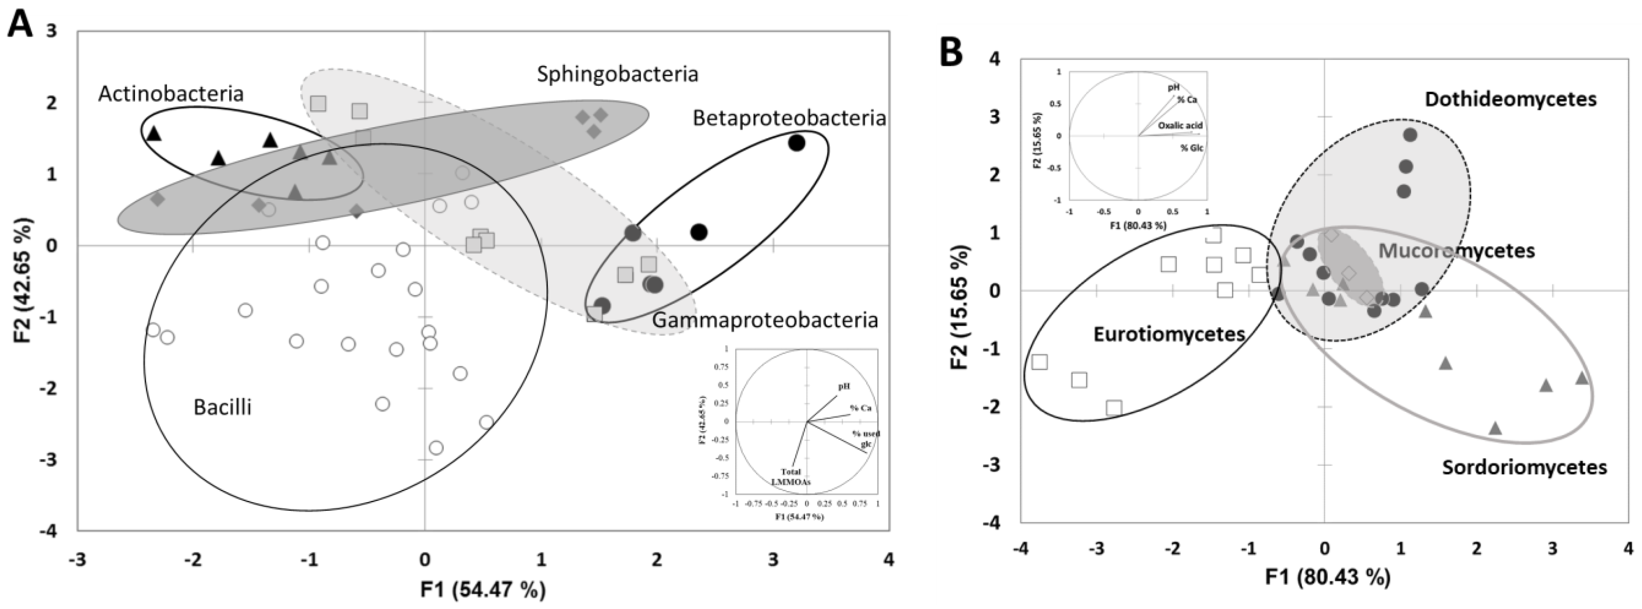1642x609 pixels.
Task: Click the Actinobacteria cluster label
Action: [171, 94]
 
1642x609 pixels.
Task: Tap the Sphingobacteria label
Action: [617, 74]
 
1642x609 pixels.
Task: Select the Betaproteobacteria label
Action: [789, 118]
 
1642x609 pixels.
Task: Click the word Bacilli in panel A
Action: [222, 407]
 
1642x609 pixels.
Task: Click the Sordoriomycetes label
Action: [1524, 467]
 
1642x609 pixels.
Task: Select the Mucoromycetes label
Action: [1457, 251]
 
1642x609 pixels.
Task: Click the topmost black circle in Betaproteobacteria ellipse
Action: [796, 143]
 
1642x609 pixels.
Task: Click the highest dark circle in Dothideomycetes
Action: [1405, 135]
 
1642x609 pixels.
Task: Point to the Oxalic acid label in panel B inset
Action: [1180, 126]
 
